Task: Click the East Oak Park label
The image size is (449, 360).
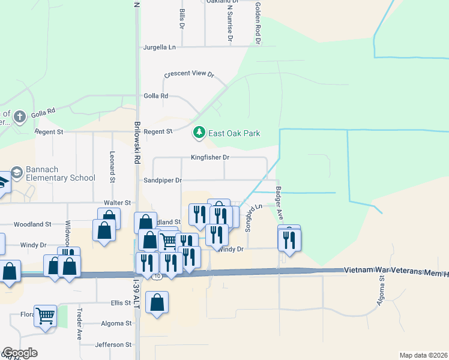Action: [x=234, y=133]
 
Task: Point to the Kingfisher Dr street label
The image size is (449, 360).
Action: [x=210, y=157]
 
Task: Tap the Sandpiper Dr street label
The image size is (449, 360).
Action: [x=161, y=180]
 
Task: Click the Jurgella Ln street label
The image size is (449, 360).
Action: [x=160, y=47]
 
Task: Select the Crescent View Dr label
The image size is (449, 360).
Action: [x=190, y=74]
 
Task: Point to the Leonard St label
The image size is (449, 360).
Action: [x=112, y=166]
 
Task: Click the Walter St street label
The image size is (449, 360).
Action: [x=117, y=203]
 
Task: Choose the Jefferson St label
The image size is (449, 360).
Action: [x=113, y=344]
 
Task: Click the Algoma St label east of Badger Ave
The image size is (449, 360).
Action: [x=380, y=287]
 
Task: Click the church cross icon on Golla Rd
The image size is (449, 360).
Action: [x=20, y=116]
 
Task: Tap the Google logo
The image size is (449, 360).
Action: [x=20, y=353]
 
